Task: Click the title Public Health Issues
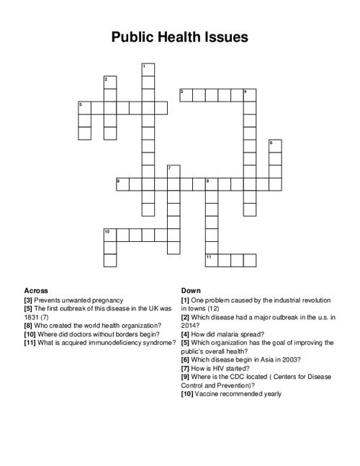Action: [179, 37]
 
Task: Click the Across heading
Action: [36, 290]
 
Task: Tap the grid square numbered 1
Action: [148, 70]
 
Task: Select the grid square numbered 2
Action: [110, 82]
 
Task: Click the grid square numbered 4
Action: [249, 95]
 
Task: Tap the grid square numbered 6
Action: [274, 145]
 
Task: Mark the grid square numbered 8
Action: [122, 184]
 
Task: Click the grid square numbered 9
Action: [211, 184]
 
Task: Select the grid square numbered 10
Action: [110, 235]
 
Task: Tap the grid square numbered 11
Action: [211, 260]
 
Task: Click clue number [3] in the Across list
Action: [28, 300]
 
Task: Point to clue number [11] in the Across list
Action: [30, 343]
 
